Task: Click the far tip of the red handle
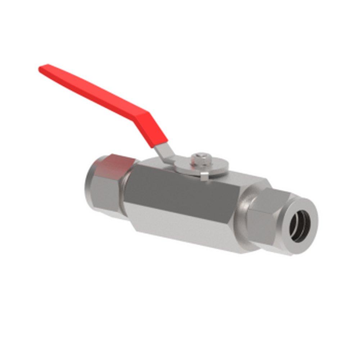pyautogui.click(x=42, y=68)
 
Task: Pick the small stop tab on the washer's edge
pyautogui.click(x=204, y=176)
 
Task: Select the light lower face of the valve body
pyautogui.click(x=187, y=230)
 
